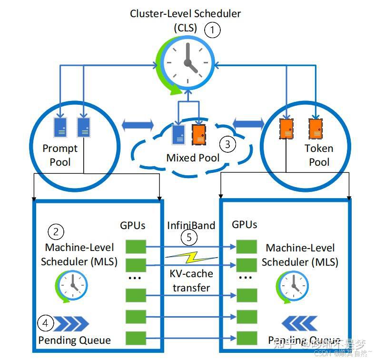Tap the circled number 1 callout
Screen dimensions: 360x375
[213, 30]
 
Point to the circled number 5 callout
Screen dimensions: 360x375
[189, 237]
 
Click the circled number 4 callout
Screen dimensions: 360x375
[46, 324]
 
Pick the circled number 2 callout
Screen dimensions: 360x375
[56, 232]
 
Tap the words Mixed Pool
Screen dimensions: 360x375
[193, 158]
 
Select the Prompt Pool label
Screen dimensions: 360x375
[60, 155]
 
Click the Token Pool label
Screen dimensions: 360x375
[319, 155]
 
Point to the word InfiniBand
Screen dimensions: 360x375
[191, 225]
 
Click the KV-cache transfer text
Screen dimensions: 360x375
[191, 280]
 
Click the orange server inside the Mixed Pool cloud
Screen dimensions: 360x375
[199, 134]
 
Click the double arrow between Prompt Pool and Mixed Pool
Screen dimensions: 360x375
[138, 125]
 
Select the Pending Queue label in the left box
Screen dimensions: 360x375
[74, 340]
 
